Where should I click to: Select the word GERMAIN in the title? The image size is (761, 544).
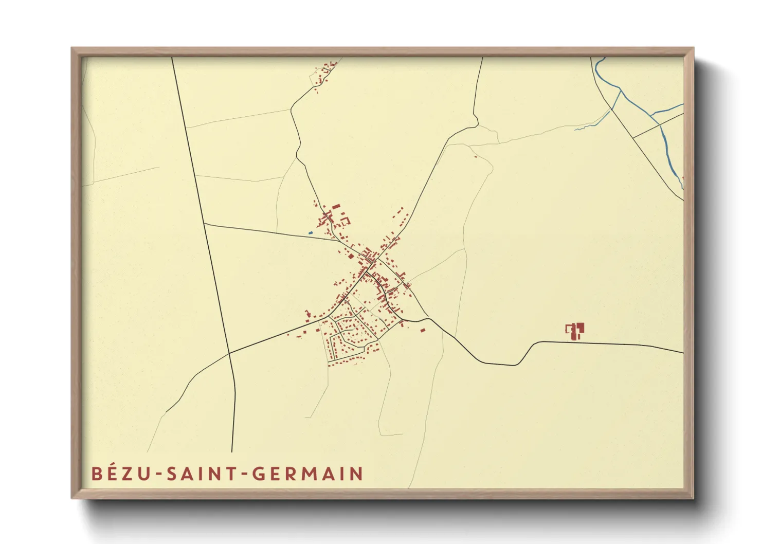pos(307,474)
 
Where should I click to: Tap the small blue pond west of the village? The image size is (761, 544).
pos(311,233)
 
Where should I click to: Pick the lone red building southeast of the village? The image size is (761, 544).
pos(423,330)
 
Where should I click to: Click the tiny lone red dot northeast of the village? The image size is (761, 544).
pos(476,156)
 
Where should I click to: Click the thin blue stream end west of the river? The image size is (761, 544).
pos(576,129)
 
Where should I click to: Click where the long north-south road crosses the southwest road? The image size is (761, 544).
pos(229,353)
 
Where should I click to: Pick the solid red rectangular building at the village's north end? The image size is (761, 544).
pos(336,207)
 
